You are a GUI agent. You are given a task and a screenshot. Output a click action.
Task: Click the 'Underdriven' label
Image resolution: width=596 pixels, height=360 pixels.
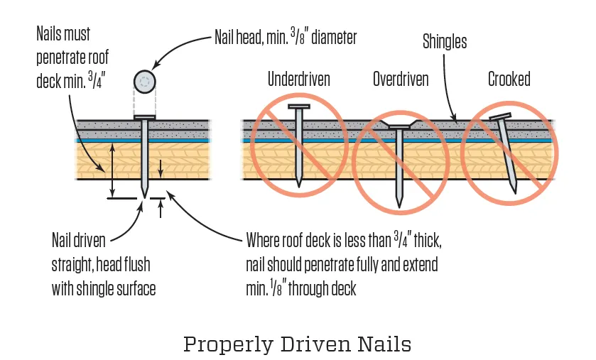[298, 79]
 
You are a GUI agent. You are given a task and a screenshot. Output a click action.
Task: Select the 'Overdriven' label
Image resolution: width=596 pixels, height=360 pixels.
[401, 79]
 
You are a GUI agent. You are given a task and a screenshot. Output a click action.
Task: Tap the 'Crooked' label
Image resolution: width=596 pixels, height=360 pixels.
[509, 79]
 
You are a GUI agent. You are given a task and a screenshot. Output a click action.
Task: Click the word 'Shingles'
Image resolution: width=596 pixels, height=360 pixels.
[445, 41]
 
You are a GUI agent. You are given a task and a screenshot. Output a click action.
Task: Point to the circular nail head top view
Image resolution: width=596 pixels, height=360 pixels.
[145, 82]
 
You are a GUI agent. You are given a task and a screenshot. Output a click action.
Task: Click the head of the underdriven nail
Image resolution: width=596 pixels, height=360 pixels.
[298, 107]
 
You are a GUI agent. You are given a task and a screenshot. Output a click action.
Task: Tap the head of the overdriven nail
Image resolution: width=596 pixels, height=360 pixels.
[399, 126]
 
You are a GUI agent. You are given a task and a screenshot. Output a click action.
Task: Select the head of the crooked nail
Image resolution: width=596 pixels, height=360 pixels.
[500, 116]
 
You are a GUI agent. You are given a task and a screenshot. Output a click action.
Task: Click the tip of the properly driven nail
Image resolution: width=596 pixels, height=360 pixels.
[145, 195]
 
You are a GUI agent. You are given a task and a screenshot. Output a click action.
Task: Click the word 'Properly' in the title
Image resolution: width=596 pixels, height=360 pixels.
[223, 344]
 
